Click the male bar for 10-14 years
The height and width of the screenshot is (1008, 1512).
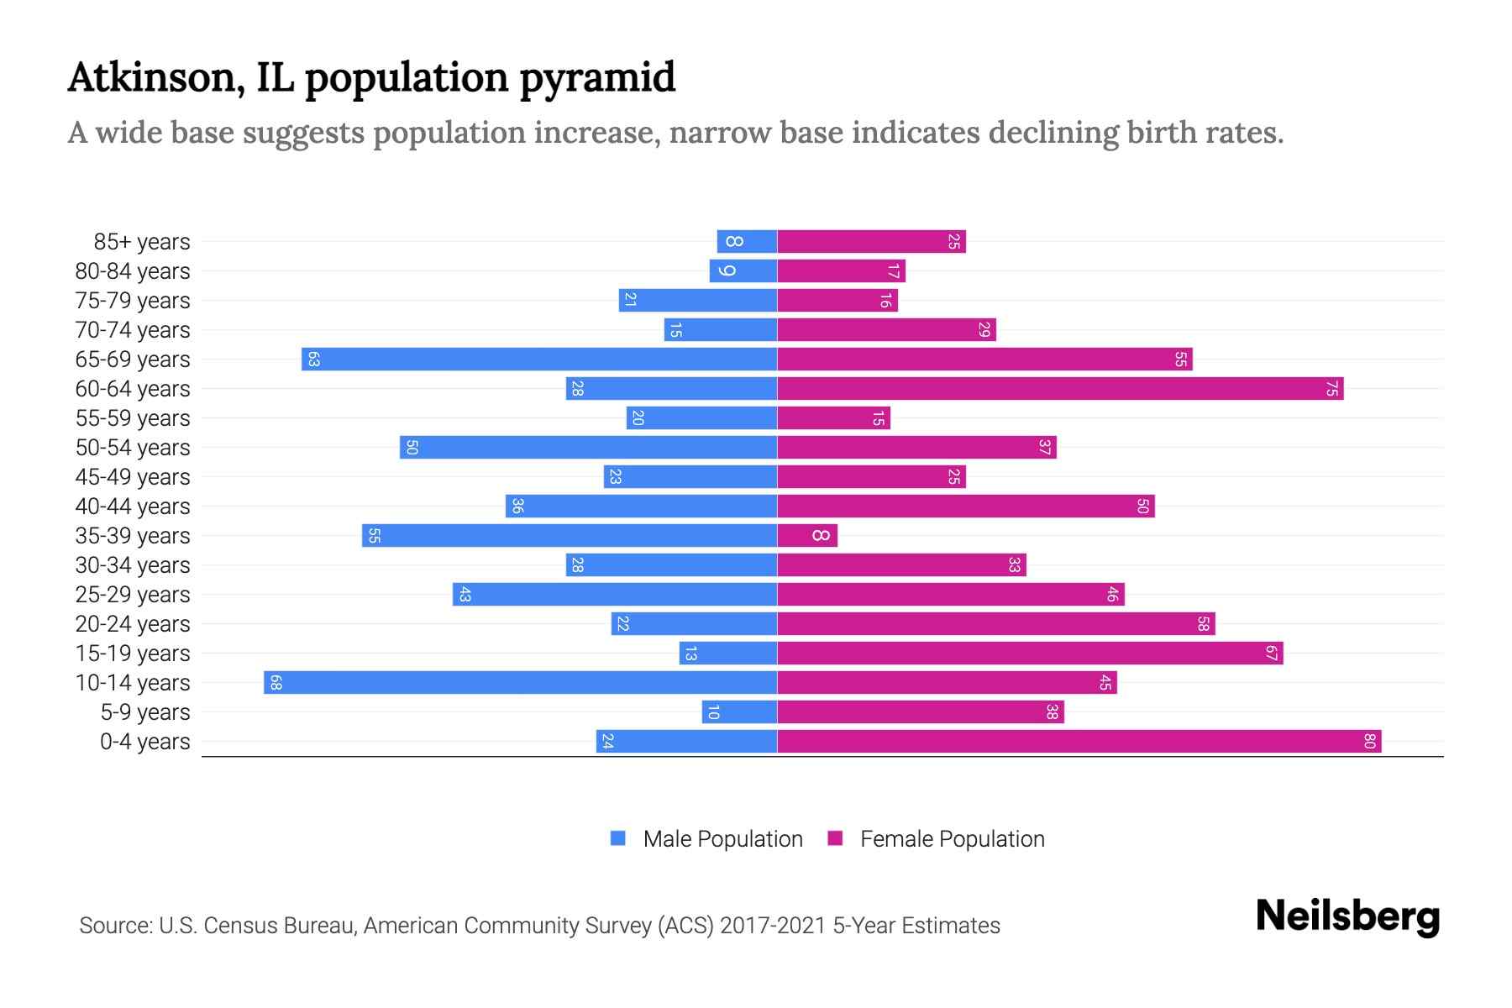tap(520, 683)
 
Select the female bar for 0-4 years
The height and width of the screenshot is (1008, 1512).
tap(1079, 742)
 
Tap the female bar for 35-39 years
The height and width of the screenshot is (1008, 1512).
tap(807, 536)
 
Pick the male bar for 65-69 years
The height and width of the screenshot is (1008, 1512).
tap(539, 360)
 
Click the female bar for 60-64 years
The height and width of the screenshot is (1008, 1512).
tap(1060, 389)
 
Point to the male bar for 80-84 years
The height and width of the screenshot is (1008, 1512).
tap(743, 271)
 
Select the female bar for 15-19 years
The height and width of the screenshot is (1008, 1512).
tap(1030, 654)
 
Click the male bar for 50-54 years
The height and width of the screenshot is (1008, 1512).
tap(588, 448)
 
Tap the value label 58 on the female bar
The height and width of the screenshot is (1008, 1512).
tap(1203, 624)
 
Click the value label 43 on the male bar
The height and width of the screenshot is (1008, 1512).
tap(465, 595)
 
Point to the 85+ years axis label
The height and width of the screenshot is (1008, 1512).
tap(142, 242)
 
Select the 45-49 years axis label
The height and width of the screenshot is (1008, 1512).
tap(133, 477)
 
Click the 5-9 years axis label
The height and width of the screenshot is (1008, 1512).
tap(145, 712)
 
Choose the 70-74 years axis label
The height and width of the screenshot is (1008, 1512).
tap(133, 330)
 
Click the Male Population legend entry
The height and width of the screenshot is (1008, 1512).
tap(722, 839)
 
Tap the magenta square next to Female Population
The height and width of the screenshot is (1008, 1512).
tap(835, 838)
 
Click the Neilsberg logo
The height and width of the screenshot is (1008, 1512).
tap(1347, 916)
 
